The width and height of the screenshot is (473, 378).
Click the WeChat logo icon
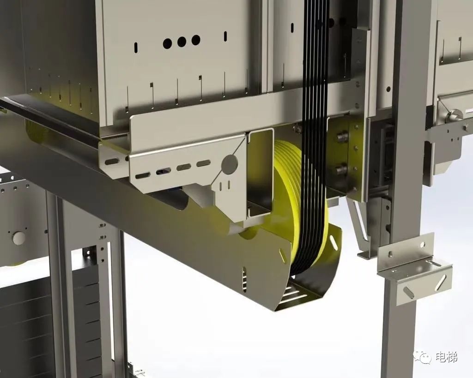click(423, 358)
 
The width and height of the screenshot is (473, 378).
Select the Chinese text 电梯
click(447, 358)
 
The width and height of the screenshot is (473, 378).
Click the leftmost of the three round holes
click(167, 44)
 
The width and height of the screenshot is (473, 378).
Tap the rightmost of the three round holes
click(196, 40)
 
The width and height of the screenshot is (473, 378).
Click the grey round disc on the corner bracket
click(230, 164)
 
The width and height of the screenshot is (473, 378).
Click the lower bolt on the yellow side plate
click(342, 169)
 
